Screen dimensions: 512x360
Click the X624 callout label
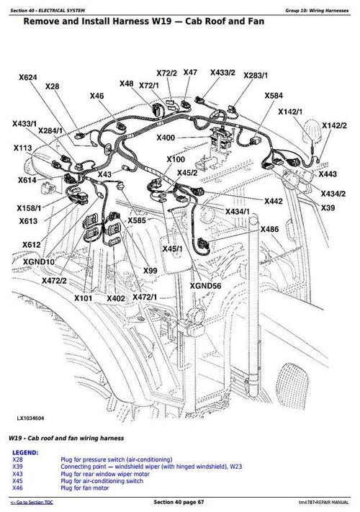(x=27, y=77)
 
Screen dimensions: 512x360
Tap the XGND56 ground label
(x=205, y=285)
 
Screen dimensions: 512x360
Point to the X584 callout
(x=274, y=96)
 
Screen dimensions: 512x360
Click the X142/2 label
(x=334, y=125)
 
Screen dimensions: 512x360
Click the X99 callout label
(x=150, y=270)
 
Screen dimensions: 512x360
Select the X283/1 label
(x=255, y=75)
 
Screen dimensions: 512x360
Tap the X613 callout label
(x=28, y=221)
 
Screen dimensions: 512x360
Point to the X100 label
(x=176, y=159)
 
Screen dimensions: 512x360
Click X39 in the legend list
(x=17, y=467)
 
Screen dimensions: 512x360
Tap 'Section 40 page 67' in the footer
(x=180, y=501)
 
